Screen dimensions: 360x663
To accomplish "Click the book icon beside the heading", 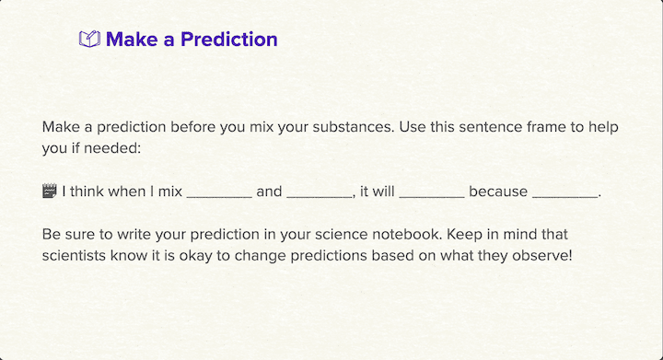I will click(89, 40).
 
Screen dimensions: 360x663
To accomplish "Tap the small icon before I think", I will click(50, 192).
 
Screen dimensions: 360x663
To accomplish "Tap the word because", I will click(497, 192).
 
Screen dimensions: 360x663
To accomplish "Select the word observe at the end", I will click(544, 255).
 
